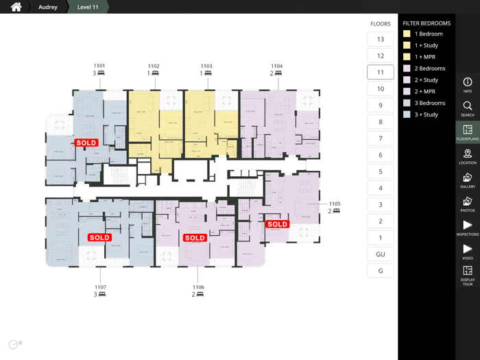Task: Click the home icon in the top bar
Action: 16,7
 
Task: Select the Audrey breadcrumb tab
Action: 48,7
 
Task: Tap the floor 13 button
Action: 381,39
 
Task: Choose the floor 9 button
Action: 381,106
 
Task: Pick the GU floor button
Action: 381,254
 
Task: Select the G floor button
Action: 381,270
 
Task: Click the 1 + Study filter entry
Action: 426,45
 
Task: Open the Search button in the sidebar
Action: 468,108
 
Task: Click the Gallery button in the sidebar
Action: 468,180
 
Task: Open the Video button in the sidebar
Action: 468,252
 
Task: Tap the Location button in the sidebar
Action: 468,156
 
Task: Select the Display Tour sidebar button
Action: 468,276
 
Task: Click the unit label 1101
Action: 99,67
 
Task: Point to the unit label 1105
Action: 335,204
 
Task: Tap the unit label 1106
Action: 198,287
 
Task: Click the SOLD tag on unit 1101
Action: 86,143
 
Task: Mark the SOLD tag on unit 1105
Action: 278,224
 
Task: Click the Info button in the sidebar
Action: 468,84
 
